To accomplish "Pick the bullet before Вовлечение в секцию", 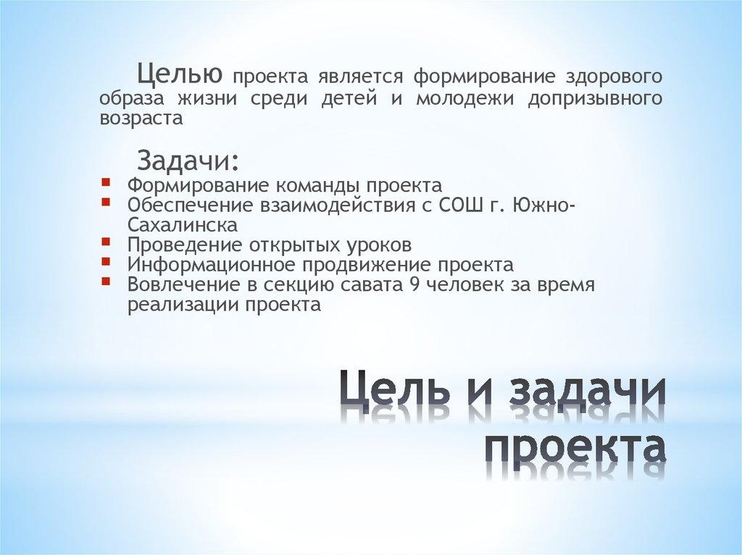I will pyautogui.click(x=107, y=281).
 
